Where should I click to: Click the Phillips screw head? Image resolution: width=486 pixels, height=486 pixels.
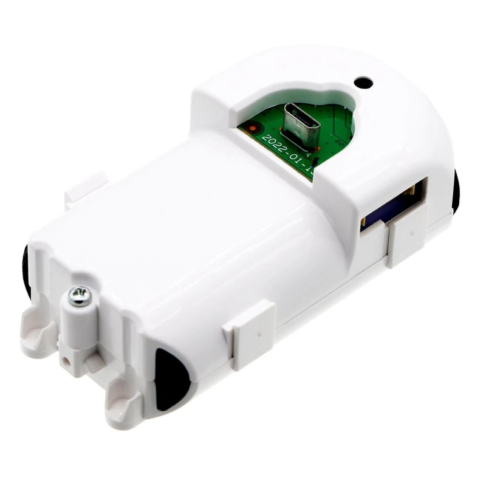click(80, 296)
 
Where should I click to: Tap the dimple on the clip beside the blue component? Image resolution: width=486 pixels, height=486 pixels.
click(411, 231)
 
